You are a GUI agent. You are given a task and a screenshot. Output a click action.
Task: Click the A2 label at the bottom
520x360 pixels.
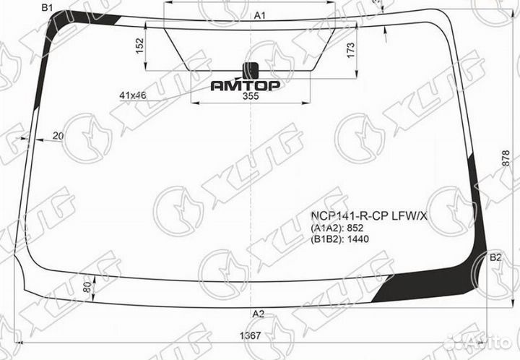click(x=258, y=313)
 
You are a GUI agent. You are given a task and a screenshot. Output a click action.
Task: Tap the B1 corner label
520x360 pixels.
click(x=48, y=8)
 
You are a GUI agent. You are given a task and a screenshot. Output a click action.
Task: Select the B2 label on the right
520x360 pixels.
click(x=495, y=258)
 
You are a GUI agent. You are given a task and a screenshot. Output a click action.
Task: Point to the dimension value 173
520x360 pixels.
click(x=350, y=51)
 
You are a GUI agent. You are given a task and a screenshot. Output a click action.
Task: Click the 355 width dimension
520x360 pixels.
click(x=251, y=97)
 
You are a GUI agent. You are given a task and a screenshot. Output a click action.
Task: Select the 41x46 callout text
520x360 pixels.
click(x=134, y=95)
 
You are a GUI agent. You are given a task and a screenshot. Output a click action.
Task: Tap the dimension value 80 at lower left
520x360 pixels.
click(x=87, y=291)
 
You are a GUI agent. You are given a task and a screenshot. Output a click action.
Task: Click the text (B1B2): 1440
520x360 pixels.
click(x=340, y=239)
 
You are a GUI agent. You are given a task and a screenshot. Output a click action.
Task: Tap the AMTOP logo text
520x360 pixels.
click(x=246, y=85)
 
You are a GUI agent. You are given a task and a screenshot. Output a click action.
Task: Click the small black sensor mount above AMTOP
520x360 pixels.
click(x=251, y=70)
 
